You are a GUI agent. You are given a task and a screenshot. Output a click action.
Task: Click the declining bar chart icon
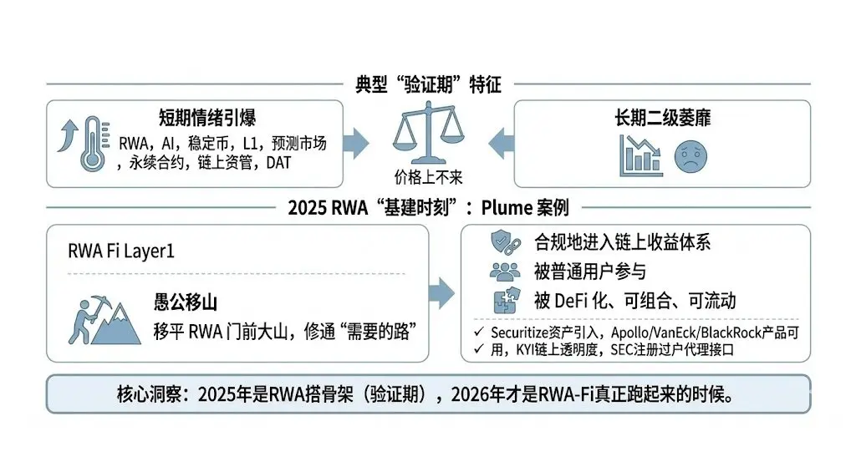click(x=641, y=155)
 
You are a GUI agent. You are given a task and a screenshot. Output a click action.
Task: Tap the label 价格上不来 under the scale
click(x=427, y=176)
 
